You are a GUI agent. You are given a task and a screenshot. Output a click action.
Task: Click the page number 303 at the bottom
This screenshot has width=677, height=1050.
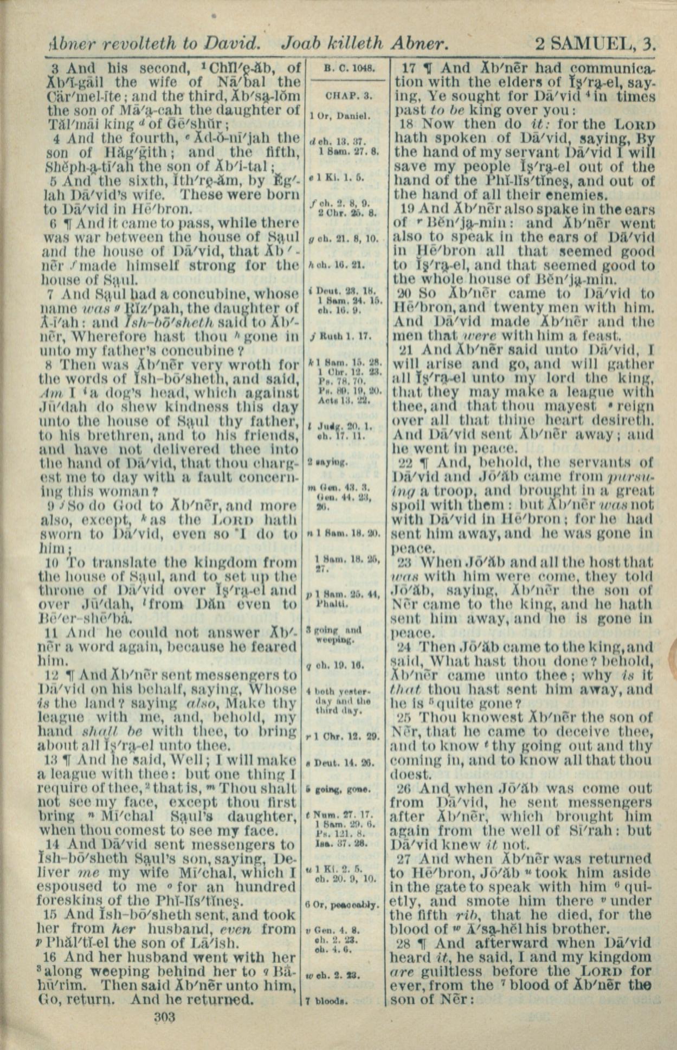click(x=164, y=1016)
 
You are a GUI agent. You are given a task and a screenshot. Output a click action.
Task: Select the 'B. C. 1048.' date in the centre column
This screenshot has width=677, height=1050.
click(x=346, y=68)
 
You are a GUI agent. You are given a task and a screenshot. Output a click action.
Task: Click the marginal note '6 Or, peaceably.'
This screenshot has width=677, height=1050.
click(x=341, y=905)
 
